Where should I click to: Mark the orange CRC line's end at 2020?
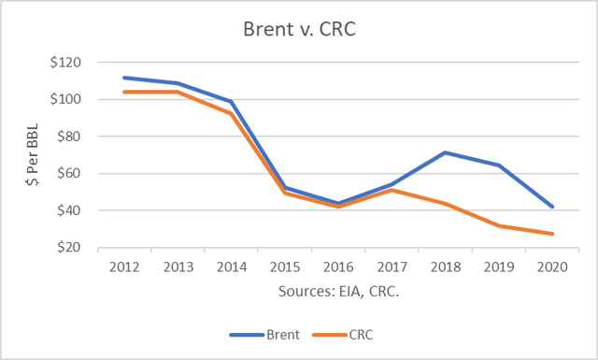[x=553, y=234]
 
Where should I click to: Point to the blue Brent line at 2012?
[x=123, y=78]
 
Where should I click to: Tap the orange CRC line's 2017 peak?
[x=392, y=190]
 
